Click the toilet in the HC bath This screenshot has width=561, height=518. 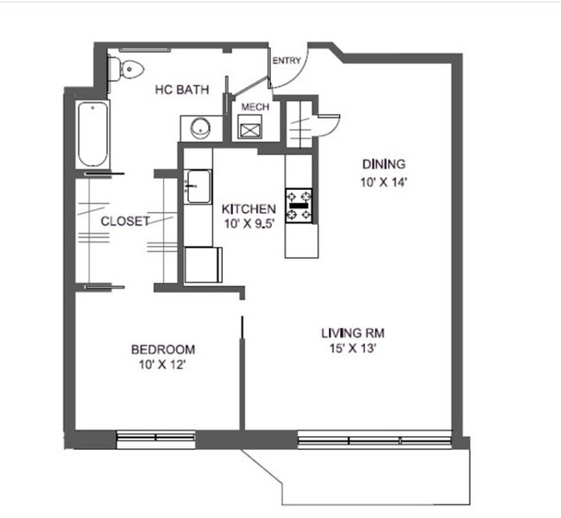(125, 68)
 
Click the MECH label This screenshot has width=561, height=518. (255, 107)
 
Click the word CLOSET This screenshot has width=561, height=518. (125, 221)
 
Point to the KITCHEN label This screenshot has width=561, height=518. (249, 209)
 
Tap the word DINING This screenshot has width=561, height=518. (383, 164)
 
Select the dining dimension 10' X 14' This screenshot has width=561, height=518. (383, 181)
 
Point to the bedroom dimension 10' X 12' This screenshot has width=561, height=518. (162, 365)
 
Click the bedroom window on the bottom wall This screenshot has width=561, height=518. (155, 439)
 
